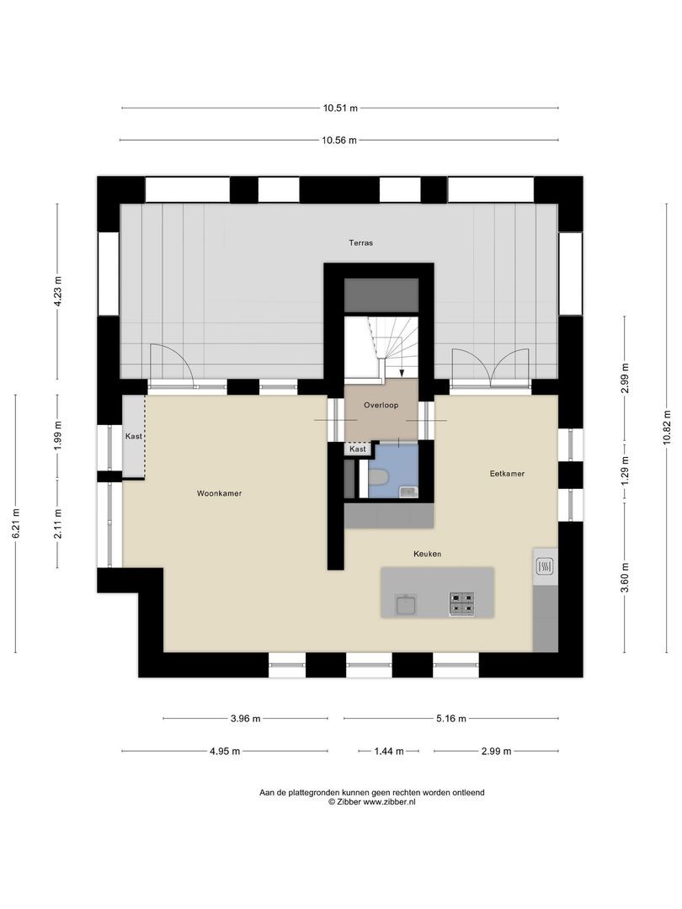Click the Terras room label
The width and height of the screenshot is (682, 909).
[361, 242]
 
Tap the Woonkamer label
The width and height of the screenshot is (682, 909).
[221, 494]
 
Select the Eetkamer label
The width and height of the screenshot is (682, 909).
[507, 474]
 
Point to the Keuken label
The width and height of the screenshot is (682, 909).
[427, 554]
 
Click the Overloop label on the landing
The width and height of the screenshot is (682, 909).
[381, 406]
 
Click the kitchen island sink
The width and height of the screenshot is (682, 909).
[407, 603]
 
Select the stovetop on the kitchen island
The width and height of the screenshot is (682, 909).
[461, 603]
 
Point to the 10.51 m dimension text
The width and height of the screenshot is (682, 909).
[340, 108]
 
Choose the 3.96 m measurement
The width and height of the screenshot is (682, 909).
[245, 719]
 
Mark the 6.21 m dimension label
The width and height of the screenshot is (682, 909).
[16, 524]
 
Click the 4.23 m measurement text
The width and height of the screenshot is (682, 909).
[57, 292]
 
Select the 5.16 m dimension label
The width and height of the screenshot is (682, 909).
[450, 719]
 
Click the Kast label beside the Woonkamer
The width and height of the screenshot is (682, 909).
[133, 437]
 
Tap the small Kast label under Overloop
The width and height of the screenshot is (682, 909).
[357, 449]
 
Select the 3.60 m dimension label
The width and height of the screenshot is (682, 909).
[624, 577]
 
